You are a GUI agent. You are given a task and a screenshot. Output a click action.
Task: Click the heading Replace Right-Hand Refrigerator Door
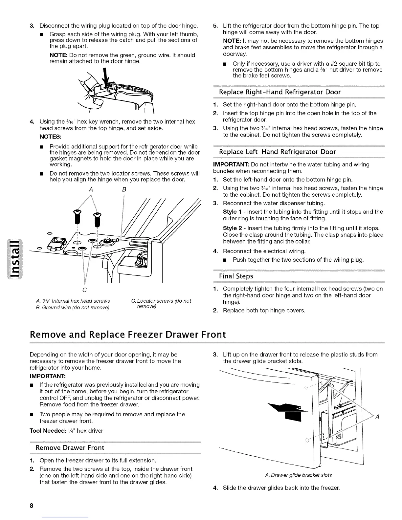point(280,92)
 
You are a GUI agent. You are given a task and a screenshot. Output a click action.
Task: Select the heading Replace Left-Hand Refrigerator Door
point(278,152)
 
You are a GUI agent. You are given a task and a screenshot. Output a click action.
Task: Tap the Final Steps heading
point(236,276)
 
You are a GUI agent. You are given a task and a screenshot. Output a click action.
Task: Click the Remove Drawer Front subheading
point(70,448)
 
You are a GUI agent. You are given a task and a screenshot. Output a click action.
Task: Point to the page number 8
point(32,506)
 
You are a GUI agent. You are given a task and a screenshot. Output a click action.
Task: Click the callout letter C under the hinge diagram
point(85,290)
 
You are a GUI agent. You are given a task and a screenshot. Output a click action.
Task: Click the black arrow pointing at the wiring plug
point(105,79)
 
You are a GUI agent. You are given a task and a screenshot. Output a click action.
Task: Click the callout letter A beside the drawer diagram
point(377,417)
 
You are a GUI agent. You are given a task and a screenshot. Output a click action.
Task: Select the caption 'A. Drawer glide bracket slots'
point(298,475)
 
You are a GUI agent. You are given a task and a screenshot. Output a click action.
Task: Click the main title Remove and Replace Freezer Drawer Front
point(128,334)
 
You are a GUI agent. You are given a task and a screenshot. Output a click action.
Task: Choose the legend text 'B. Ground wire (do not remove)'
point(72,308)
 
